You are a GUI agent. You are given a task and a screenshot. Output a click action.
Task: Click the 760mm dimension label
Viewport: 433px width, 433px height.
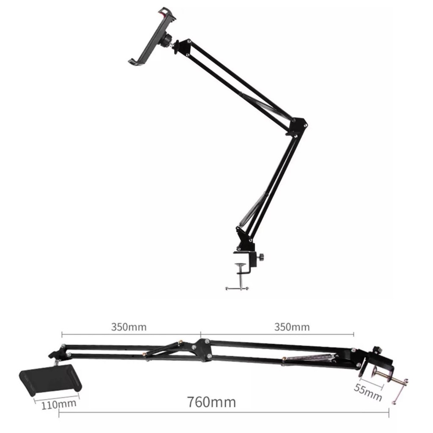[x=211, y=402]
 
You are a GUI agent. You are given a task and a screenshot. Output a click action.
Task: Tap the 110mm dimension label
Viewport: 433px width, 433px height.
[x=59, y=405]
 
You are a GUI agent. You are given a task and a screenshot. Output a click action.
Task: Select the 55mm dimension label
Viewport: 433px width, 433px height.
[x=368, y=392]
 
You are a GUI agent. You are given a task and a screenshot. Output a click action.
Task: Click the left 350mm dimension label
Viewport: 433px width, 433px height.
[x=129, y=327]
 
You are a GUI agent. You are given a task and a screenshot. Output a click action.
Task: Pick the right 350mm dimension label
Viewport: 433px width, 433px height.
[x=292, y=327]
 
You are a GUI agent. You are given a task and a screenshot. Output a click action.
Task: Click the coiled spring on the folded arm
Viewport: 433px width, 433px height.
[x=309, y=358]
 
